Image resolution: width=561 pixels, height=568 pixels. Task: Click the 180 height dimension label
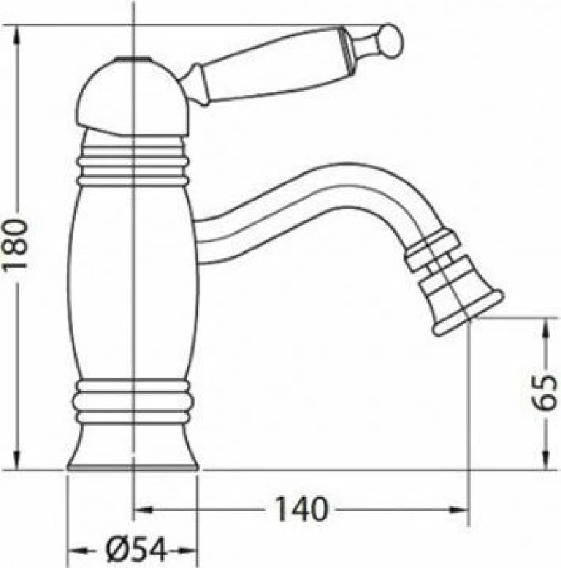coord(15,244)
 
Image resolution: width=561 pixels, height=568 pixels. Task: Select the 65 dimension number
coord(543,392)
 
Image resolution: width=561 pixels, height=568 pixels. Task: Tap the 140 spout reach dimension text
coord(302,509)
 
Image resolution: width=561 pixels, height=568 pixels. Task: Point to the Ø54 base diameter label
coord(137,550)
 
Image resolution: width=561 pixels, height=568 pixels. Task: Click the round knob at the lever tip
coord(391,41)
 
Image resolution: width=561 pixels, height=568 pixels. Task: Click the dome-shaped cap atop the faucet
coord(133,96)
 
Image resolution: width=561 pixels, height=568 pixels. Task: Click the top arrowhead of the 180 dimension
coord(17,35)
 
